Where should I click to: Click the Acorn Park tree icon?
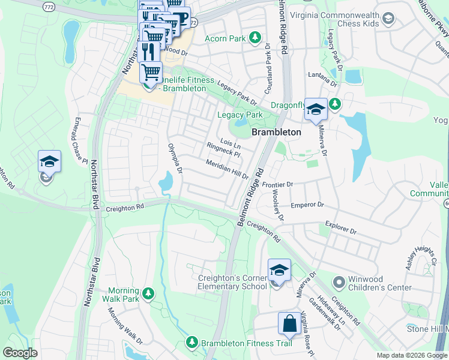coord(256,38)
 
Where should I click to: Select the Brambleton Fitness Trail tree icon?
coord(191,343)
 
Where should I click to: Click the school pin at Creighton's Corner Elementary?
coord(279,272)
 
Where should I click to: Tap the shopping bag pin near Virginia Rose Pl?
coord(289,323)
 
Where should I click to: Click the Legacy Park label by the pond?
coord(240,115)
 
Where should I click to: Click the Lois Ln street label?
coord(231,143)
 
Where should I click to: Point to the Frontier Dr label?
coord(276,185)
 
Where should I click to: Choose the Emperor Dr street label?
coord(307,205)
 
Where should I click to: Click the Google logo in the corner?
coord(20,353)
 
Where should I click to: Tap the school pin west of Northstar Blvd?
coord(49,162)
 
